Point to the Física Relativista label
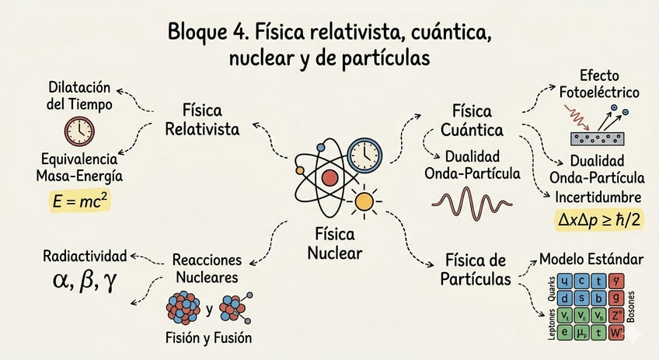(x=202, y=118)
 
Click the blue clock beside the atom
(x=364, y=154)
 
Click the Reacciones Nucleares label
(x=206, y=269)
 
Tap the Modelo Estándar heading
(x=591, y=259)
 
